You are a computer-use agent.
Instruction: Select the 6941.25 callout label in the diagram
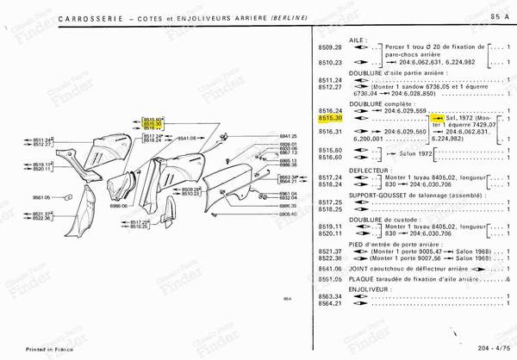coord(288,136)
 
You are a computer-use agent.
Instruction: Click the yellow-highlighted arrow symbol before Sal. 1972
coord(438,119)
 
